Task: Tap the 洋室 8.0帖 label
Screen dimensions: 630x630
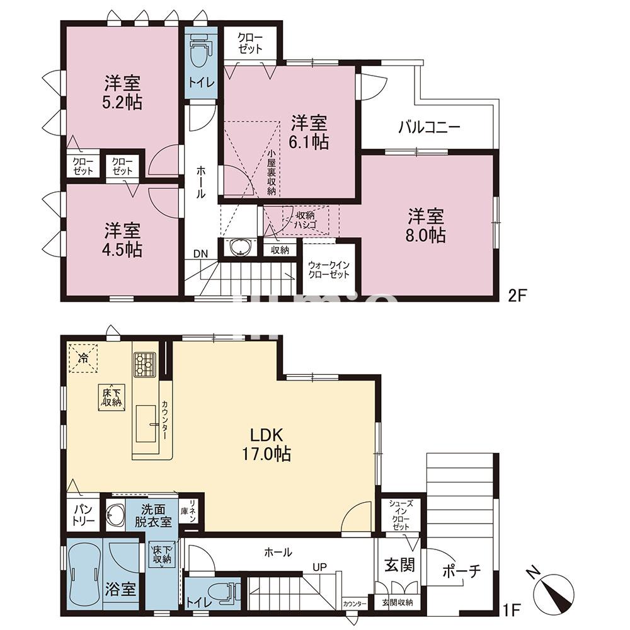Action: [x=427, y=226]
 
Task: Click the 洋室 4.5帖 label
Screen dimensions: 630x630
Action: [x=123, y=240]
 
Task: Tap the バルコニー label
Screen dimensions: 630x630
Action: [x=429, y=127]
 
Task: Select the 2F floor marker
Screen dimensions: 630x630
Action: [x=517, y=295]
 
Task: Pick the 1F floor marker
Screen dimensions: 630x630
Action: [x=512, y=609]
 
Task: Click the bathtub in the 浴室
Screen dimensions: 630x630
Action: [x=84, y=573]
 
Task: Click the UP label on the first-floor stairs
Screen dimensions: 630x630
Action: [x=319, y=567]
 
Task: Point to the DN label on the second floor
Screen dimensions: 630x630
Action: [x=200, y=254]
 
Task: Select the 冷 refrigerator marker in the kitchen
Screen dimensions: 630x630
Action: [x=83, y=358]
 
